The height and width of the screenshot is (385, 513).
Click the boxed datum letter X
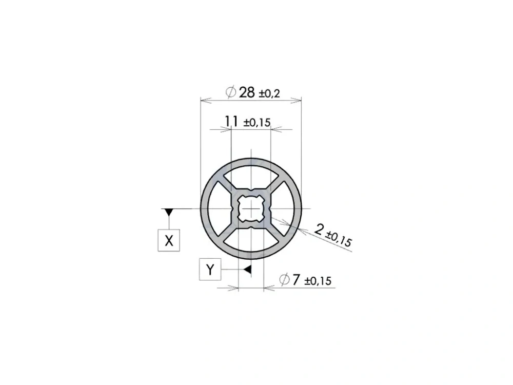coord(169,241)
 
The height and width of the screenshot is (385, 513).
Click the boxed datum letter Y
coord(210,270)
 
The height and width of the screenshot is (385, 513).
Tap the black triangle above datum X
coord(169,212)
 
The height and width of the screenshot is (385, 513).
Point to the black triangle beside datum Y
coord(248,269)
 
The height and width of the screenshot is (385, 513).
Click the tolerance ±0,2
coord(270,94)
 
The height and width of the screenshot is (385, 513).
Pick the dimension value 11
coord(231,121)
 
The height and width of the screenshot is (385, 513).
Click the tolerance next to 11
coord(257,123)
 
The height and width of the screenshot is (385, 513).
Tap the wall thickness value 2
coord(319,228)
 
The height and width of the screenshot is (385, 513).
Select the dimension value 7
coord(296,280)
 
